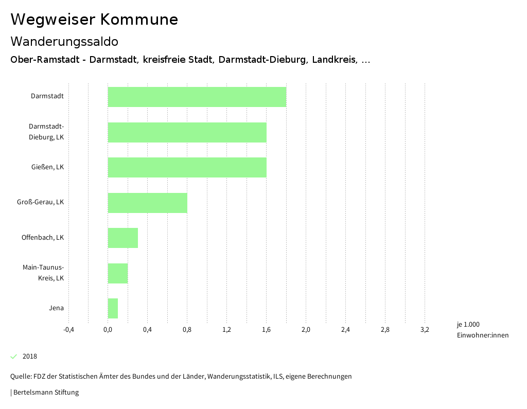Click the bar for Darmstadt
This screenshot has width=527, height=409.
coord(197,97)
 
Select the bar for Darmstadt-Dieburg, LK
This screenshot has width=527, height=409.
coord(187,132)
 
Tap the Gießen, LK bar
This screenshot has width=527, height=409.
coord(187,167)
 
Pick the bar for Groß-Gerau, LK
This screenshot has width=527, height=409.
coord(147,203)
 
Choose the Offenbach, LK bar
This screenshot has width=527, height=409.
coord(122,238)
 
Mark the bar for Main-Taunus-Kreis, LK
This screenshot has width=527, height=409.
coord(117,273)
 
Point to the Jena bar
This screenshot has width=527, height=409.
coord(113,308)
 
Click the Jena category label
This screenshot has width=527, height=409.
coord(56,308)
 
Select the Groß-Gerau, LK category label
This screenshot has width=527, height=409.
coord(40,202)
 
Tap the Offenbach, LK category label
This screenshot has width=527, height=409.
coord(43,238)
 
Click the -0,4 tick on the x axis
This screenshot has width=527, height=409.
coord(68,330)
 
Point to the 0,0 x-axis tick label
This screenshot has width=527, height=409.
coord(108,330)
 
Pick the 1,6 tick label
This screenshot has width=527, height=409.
coord(266,330)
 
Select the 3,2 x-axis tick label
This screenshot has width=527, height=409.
coord(425,330)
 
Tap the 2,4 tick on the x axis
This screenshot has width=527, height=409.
coord(345,330)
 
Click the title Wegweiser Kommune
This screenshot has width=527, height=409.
coord(94,20)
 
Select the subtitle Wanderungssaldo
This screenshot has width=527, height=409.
coord(64,41)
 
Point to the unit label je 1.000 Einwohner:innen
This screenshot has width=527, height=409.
coord(482,330)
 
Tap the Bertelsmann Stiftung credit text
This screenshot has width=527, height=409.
coord(46,393)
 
